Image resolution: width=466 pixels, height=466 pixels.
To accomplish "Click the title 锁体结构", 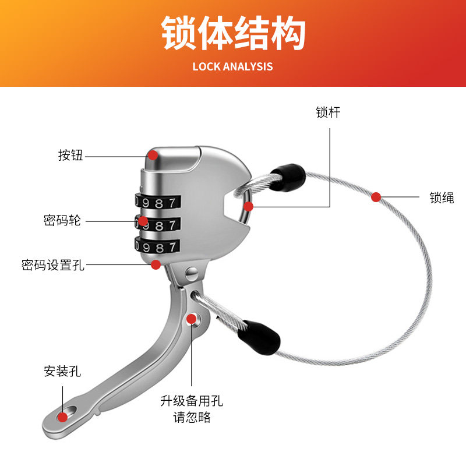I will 233,34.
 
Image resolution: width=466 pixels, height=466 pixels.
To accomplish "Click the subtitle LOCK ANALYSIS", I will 232,66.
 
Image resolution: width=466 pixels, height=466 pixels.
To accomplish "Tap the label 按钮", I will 70,156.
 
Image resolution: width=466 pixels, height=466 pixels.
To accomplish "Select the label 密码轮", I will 62,221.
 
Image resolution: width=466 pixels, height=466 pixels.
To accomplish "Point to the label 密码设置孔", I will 53,265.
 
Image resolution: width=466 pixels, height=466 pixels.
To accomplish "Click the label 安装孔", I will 62,371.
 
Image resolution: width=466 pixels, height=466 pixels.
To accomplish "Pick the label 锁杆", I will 329,112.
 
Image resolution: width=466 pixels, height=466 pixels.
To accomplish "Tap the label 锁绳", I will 442,197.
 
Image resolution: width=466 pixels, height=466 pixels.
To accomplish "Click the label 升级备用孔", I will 192,401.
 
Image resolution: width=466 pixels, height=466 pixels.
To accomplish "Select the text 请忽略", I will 192,417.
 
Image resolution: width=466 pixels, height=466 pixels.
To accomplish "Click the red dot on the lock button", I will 153,155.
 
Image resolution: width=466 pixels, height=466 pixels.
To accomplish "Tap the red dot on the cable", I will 376,197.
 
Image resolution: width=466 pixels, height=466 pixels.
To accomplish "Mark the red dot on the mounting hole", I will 62,416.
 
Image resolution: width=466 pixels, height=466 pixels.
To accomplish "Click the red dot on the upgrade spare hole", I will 191,318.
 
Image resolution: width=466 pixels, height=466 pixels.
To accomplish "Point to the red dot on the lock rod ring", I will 249,206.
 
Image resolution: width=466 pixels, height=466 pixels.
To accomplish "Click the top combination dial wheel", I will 156,203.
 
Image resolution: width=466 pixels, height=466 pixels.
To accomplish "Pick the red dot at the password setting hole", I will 156,264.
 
